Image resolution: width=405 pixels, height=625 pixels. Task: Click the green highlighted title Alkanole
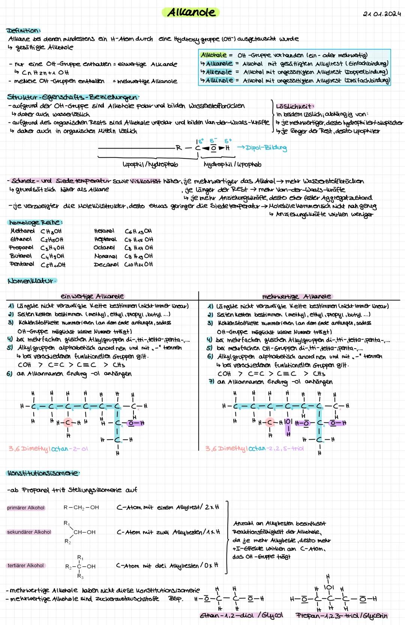191,12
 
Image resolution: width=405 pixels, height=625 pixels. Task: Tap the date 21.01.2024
382,14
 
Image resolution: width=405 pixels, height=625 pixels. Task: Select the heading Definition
23,30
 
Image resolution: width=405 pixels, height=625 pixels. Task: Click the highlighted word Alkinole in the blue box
219,80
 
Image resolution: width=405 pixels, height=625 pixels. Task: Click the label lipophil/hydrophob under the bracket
150,164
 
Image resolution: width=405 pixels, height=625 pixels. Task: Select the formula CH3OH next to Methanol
51,231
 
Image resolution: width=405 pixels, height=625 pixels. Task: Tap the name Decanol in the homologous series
106,264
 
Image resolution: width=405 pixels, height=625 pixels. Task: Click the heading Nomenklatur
31,281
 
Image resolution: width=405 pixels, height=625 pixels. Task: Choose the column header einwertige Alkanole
92,296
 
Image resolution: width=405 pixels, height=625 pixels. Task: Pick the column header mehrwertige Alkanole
296,296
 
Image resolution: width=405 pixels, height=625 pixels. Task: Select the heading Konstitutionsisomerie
43,473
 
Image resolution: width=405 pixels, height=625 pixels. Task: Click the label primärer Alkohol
26,508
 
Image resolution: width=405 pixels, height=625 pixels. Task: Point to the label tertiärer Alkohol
26,565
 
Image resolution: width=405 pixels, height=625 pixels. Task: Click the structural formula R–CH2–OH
81,507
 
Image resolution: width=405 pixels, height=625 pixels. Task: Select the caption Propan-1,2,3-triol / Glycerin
341,615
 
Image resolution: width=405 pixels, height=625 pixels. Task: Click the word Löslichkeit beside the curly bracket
295,106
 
